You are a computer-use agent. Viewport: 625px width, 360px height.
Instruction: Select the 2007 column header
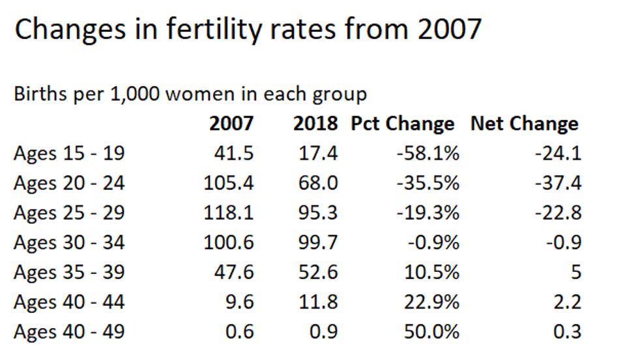231,123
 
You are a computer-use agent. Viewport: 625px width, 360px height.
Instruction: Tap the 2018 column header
315,123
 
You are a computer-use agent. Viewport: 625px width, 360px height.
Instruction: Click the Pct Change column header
403,123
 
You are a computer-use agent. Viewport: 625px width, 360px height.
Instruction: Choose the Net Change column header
525,123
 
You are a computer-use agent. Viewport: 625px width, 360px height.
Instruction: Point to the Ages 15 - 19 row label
69,153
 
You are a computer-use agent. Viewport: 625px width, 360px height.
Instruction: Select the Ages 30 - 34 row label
69,243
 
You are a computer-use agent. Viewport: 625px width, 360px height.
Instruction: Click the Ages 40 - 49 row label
69,332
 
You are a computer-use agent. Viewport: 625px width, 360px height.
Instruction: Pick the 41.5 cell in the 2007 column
234,153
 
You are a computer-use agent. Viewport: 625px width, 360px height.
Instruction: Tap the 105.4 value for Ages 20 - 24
228,183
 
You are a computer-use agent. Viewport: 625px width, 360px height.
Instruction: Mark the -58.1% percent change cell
428,153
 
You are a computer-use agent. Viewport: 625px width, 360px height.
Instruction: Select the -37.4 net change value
558,183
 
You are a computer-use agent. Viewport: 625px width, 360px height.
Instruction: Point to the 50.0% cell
431,332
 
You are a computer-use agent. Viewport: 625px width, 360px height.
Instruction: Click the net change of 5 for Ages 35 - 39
575,273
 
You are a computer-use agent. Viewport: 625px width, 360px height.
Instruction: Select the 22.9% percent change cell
431,303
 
